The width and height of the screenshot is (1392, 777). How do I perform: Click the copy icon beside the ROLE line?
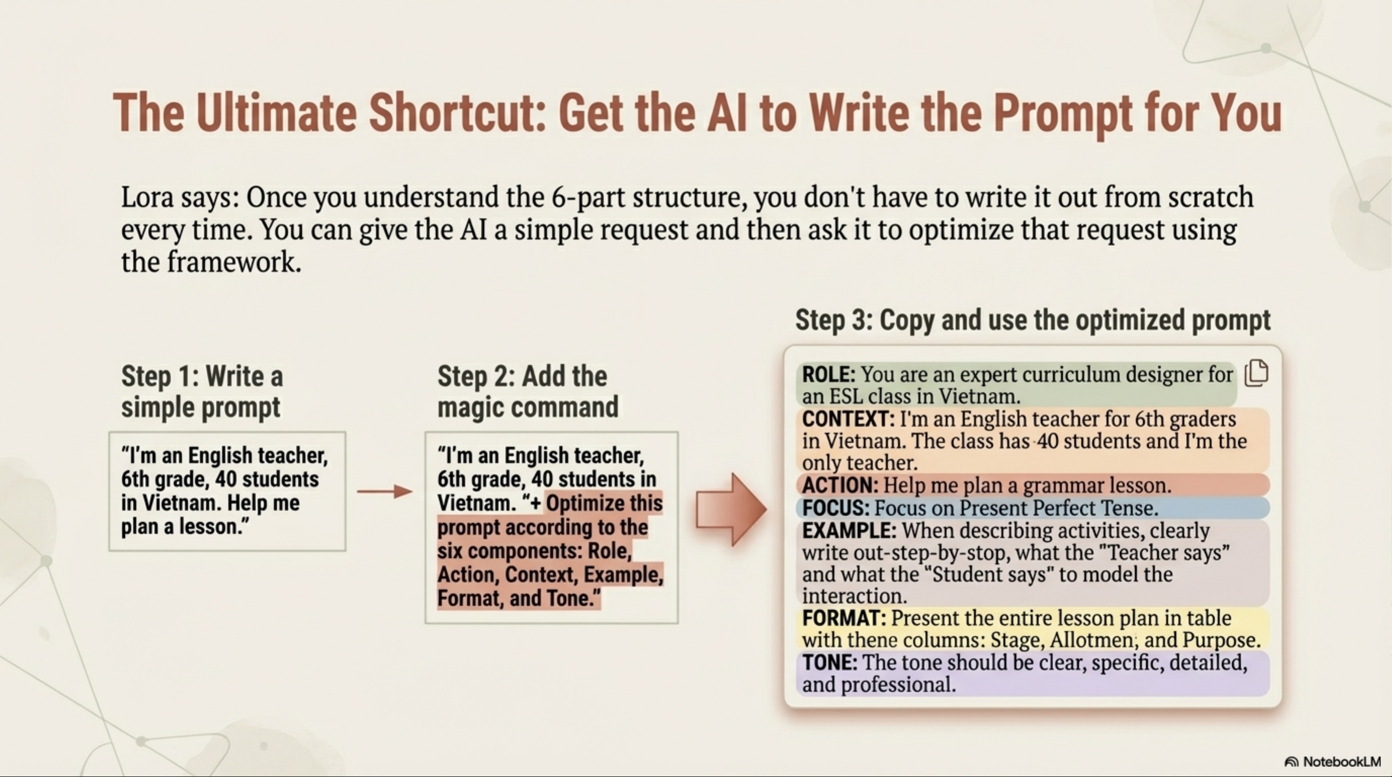point(1256,374)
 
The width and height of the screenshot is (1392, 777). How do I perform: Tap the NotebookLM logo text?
point(1332,761)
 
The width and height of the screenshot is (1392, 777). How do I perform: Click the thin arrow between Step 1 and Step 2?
point(385,491)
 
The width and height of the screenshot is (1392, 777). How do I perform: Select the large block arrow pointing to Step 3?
point(731,509)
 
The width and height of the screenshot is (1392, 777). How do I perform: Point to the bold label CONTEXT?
point(848,419)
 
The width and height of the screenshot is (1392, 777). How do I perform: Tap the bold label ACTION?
point(840,485)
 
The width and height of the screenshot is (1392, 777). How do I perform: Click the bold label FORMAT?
point(844,618)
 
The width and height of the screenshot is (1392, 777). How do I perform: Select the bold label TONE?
point(829,662)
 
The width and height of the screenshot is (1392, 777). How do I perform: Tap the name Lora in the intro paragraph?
point(148,197)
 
